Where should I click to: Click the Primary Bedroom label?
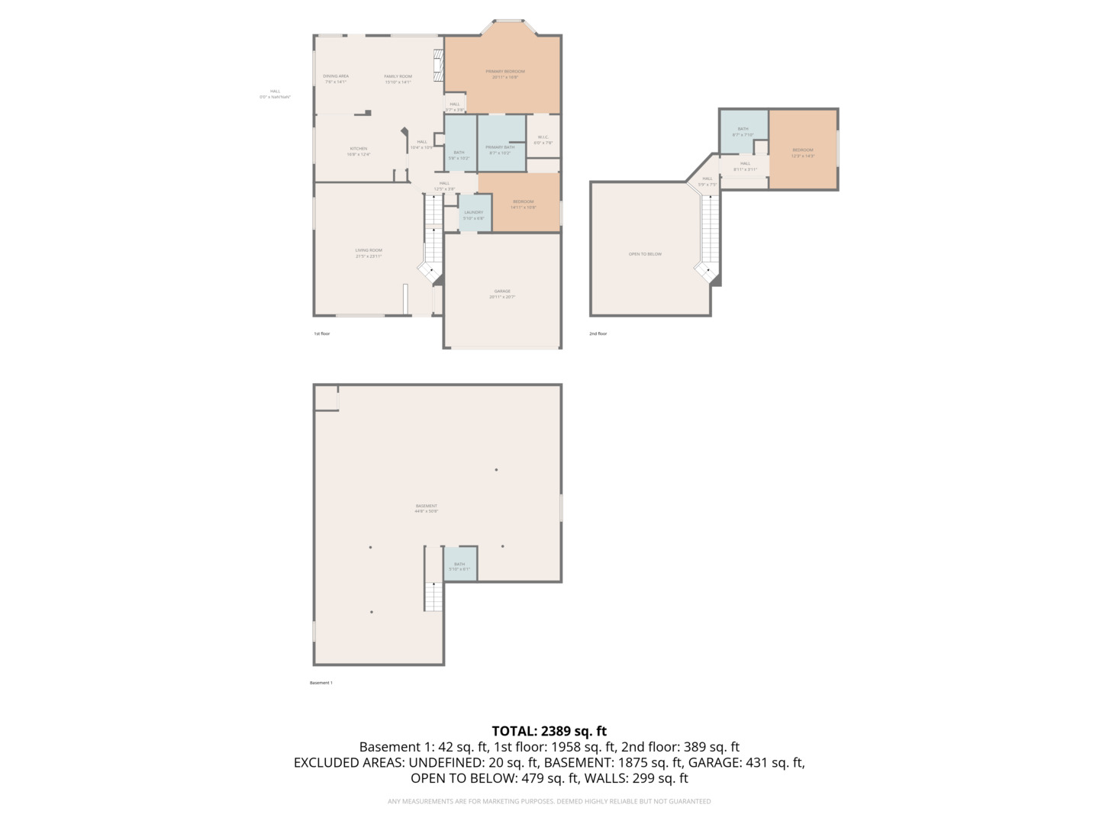[x=504, y=72]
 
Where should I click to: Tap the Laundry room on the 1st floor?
[x=473, y=214]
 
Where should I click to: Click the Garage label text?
[x=502, y=291]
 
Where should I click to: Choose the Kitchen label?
[x=358, y=149]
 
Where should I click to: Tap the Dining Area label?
[x=336, y=76]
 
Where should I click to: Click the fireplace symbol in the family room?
[x=438, y=66]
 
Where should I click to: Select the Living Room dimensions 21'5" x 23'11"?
[x=369, y=257]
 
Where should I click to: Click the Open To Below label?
[x=645, y=254]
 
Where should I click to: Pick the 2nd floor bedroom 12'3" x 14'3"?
[x=803, y=153]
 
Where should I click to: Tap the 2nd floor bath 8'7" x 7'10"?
[x=743, y=132]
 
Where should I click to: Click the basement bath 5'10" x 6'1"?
[x=459, y=566]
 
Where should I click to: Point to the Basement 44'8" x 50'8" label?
[x=427, y=509]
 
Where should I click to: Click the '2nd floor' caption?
[x=598, y=333]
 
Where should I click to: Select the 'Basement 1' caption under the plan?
[x=321, y=683]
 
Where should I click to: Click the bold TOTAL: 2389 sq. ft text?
[x=549, y=731]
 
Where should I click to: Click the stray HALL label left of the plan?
[x=275, y=92]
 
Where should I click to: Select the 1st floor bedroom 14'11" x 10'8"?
[x=523, y=204]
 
